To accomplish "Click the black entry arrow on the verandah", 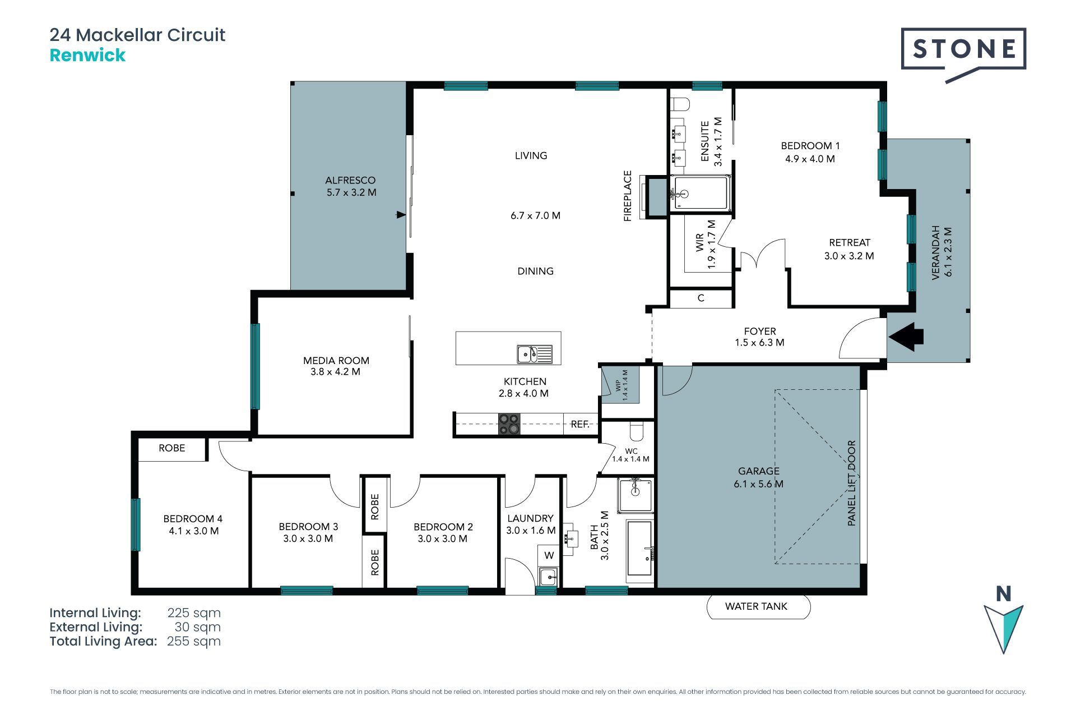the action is click(906, 337).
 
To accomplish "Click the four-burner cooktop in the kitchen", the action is click(509, 424).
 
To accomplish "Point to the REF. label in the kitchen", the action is click(580, 425).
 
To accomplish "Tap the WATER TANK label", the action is click(756, 606).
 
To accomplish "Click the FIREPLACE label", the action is click(628, 196).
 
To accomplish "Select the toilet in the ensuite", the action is click(681, 105).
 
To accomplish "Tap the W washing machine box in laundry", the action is click(549, 556).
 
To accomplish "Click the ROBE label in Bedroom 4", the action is click(171, 448).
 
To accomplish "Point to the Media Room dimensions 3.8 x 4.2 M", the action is click(335, 372).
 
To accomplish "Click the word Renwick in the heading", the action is click(87, 55).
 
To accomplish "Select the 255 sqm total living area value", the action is click(194, 641).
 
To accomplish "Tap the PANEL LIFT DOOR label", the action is click(852, 483).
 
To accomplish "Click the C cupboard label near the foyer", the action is click(701, 298).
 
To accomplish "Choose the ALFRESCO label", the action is click(350, 180).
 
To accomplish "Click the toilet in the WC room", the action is click(637, 431).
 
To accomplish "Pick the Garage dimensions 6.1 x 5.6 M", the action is click(758, 484).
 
